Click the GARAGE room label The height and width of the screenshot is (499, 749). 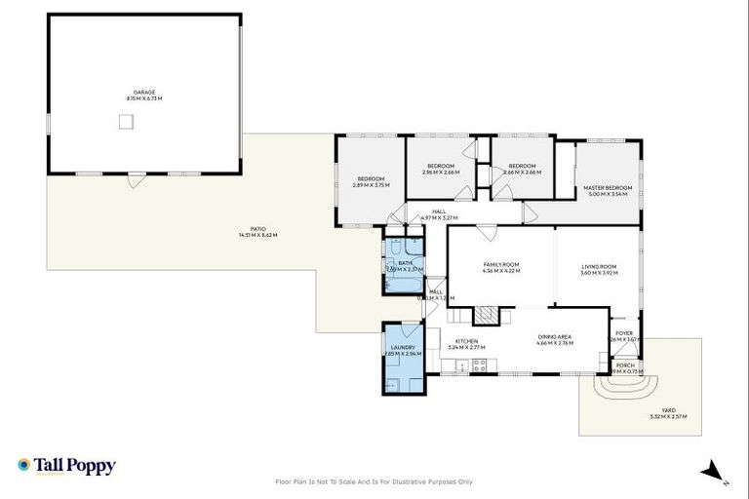144,93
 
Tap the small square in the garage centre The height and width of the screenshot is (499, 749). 125,121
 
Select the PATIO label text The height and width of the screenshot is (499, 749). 251,231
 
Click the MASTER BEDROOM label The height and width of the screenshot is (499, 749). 609,188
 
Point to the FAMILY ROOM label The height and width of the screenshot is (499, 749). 501,265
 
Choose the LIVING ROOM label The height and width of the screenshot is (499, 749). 599,267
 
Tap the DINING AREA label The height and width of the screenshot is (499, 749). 556,337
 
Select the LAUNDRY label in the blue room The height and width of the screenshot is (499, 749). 404,348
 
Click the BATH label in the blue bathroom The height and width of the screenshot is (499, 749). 404,263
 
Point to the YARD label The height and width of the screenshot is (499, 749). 668,410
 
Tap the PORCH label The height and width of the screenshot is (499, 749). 624,365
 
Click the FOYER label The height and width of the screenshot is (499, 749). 624,333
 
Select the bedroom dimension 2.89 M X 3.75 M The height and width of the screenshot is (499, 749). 371,185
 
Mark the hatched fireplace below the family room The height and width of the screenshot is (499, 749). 486,315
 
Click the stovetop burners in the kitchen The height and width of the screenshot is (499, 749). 479,365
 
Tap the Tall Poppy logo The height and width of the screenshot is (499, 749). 66,466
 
